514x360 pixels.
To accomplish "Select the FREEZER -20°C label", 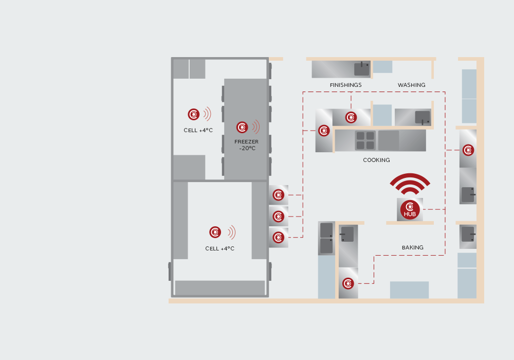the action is pos(247,145).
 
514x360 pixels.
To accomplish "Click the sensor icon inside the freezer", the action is pos(242,127).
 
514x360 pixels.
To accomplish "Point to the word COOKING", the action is pos(376,160).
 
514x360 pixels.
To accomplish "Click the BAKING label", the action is pos(412,247).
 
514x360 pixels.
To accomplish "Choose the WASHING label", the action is pos(411,85).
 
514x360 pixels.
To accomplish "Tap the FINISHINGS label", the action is pos(345,85).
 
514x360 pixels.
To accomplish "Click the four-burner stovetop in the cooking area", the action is pos(365,140).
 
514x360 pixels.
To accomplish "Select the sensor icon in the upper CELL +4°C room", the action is pos(194,114).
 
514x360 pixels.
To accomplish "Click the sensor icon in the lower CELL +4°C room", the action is pos(215,232).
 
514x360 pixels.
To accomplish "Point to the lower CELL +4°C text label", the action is pos(219,248).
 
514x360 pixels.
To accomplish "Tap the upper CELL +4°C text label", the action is pos(198,130).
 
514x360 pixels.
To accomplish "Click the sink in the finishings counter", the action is pos(362,69).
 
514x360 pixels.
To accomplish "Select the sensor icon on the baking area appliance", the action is pos(348,283).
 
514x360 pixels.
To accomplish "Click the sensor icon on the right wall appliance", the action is pos(468,150).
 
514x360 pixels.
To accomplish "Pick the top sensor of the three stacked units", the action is pos(278,195).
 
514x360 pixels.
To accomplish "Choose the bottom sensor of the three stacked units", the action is pos(278,238).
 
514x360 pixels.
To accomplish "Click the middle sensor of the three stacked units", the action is pos(278,217).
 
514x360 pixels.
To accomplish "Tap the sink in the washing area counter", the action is pos(423,117).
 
